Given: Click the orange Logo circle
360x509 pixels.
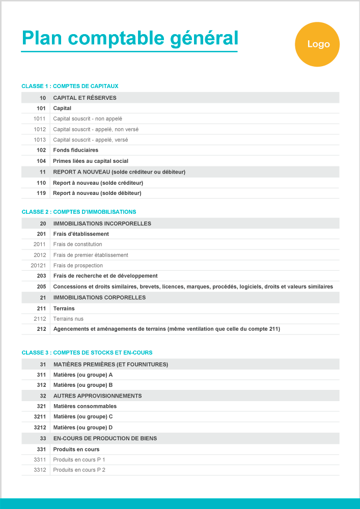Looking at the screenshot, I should pos(317,44).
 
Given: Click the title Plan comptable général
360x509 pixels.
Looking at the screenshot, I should pos(130,38).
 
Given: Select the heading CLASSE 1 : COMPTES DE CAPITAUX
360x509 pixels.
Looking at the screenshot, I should pos(70,87).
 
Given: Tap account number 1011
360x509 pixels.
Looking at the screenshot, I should pos(40,119).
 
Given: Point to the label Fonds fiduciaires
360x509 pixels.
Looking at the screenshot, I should pos(75,150).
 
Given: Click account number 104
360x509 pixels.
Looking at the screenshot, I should pos(41,161).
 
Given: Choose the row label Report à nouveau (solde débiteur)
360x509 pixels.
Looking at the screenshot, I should pos(97,193).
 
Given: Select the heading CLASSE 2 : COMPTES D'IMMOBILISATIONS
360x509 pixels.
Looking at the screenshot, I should pos(79,212).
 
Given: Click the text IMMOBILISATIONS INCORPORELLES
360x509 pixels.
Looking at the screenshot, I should pos(102,223).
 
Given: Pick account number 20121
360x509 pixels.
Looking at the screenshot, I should pos(38,265).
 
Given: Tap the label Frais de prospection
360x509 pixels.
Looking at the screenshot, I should pos(78,265).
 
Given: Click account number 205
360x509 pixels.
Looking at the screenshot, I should pos(41,287).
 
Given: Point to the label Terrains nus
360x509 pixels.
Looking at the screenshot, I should pos(68,319).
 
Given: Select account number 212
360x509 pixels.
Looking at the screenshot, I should pos(41,329).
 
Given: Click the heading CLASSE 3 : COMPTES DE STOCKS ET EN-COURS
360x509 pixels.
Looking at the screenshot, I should pos(87,352).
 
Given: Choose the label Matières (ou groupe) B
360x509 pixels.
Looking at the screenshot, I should pos(83,385).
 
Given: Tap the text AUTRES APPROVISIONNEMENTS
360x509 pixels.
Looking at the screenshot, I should pos(97,395).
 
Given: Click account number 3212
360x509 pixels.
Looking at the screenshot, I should pos(40,428).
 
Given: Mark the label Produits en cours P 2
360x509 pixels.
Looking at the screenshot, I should pos(79,470).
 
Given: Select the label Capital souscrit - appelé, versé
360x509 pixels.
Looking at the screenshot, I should pos(91,139).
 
